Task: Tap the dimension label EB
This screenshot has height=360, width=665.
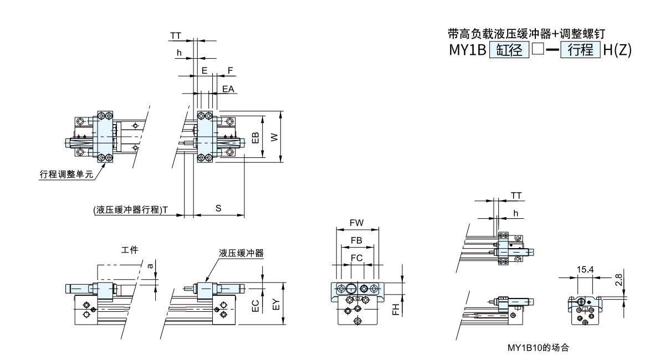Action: point(255,137)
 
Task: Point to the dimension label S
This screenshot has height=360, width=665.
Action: point(218,208)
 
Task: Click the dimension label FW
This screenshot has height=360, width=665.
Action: point(357,223)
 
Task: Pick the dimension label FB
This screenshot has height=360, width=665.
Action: point(357,240)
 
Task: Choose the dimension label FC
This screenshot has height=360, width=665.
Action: point(357,258)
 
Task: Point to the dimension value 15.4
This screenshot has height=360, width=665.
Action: point(585,270)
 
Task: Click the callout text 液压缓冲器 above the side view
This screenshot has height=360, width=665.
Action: point(241,253)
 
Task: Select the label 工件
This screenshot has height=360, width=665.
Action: point(130,250)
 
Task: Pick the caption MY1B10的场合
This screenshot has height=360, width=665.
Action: point(539,348)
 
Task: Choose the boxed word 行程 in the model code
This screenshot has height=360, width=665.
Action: point(580,50)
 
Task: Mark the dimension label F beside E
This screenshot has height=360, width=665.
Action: point(230,71)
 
